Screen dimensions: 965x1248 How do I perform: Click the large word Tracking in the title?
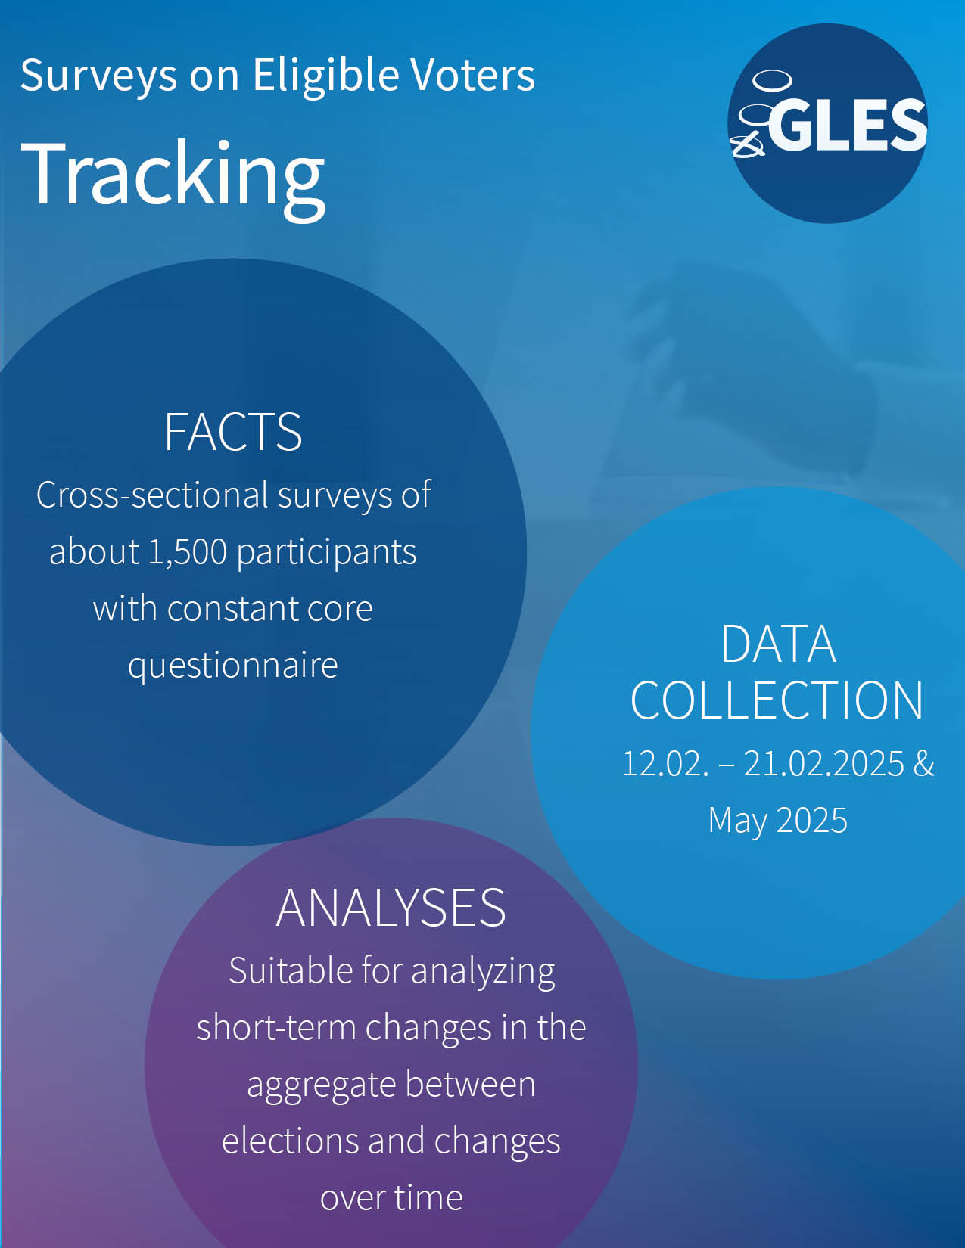pos(173,177)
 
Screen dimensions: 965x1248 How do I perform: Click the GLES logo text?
pos(847,124)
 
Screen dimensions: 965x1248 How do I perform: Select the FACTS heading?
pos(233,432)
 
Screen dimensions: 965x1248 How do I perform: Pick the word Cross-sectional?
pos(152,495)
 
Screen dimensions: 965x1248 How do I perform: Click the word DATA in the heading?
pos(778,644)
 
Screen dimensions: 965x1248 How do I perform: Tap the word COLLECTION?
pos(777,700)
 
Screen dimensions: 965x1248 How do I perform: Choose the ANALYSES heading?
pos(391,908)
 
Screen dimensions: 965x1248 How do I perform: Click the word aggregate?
pos(321,1086)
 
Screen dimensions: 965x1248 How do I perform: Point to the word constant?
pos(232,610)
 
